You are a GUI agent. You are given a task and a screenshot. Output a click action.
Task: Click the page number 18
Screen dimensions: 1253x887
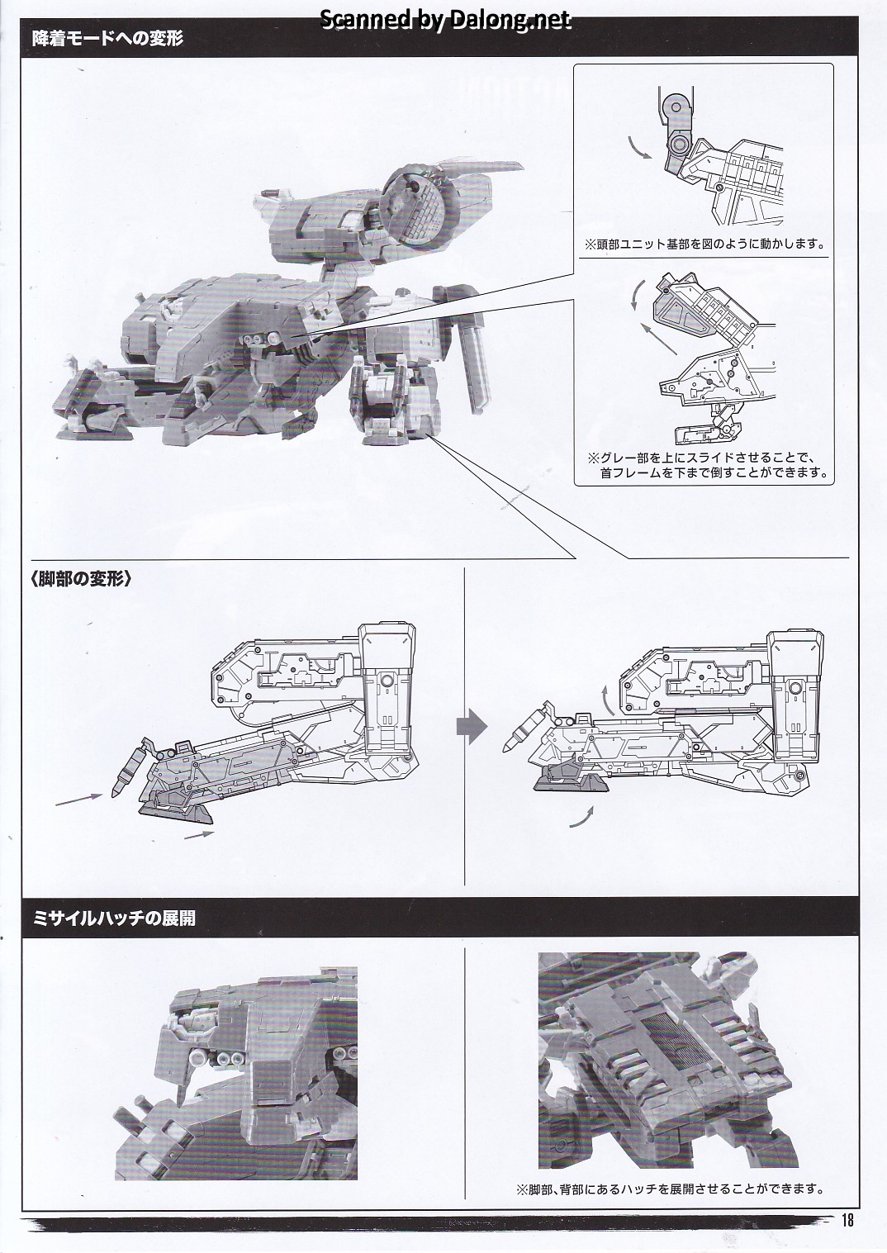point(847,1219)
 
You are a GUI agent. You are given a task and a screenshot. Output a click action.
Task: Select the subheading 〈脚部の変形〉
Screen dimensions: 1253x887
point(82,579)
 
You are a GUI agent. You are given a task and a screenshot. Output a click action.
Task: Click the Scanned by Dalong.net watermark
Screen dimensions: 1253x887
point(444,20)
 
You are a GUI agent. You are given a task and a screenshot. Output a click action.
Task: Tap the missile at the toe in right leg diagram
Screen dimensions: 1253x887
point(519,737)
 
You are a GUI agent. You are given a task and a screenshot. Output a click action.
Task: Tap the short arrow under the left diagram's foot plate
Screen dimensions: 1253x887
point(198,835)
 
